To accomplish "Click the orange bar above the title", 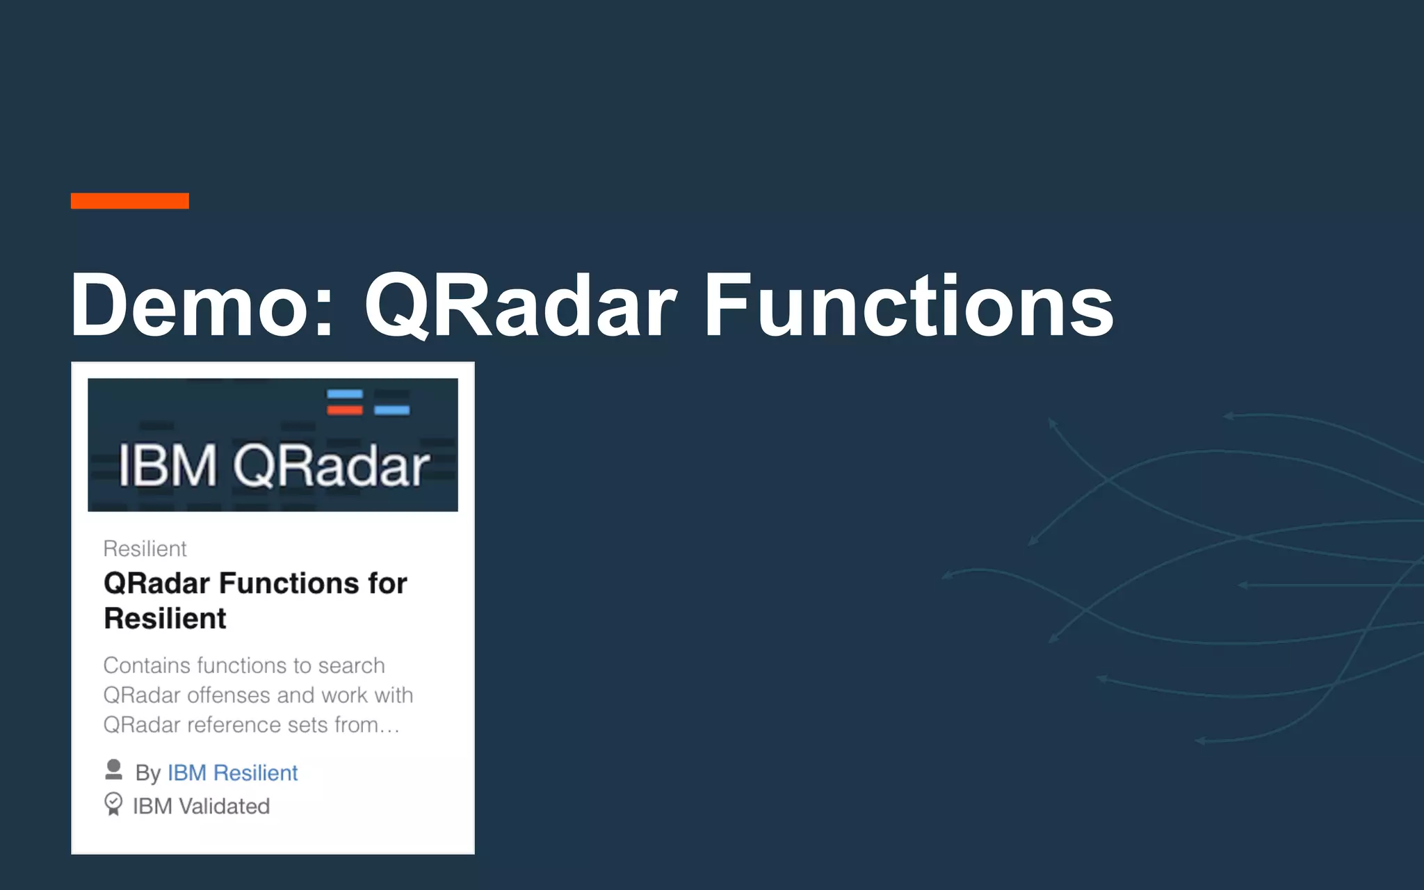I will coord(129,201).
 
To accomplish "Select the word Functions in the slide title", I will coord(908,306).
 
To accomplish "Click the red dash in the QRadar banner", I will coord(345,410).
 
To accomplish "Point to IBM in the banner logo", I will coord(168,465).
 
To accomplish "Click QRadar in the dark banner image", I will coord(331,465).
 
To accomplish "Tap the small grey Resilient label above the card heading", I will coord(145,549).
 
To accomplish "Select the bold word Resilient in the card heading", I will coord(165,618).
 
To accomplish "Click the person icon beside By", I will coord(113,770).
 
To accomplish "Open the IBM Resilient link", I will coord(232,772).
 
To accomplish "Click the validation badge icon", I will coord(113,804).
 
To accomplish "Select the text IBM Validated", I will coord(201,807).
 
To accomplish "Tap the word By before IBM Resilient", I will coord(147,773).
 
